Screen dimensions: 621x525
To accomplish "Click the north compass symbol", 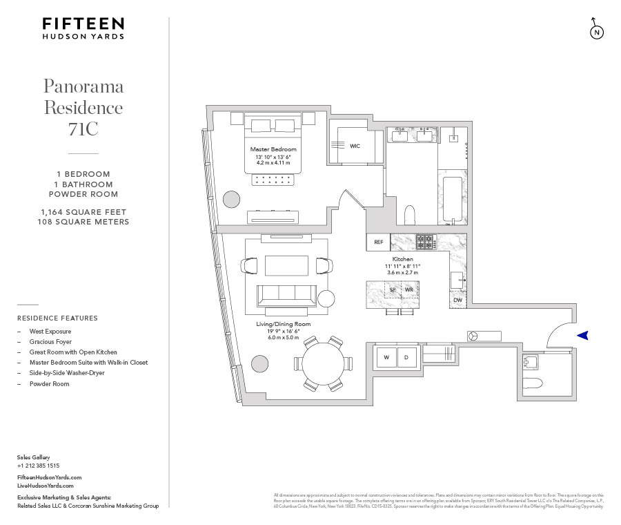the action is (x=596, y=32).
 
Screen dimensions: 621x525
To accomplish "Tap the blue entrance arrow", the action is (x=583, y=336).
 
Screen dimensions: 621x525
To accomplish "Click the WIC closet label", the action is (x=355, y=146).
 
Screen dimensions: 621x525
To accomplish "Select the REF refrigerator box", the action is (x=378, y=242).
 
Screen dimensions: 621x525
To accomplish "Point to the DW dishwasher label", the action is (x=457, y=300).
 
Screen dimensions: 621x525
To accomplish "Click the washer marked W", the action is (x=386, y=357).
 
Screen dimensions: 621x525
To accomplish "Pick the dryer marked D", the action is (x=406, y=357).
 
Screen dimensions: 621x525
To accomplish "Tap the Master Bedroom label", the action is (x=273, y=149).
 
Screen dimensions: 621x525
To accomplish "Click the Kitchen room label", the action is (x=402, y=259).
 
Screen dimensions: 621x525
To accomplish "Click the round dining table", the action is (x=322, y=363).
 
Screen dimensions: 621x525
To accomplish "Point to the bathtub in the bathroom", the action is (x=453, y=200).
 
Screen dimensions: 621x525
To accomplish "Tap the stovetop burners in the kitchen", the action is (x=424, y=242).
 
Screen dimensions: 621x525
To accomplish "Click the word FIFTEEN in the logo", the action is (x=83, y=24).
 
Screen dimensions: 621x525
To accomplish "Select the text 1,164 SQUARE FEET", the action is (x=83, y=212).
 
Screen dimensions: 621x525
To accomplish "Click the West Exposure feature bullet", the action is (x=50, y=332).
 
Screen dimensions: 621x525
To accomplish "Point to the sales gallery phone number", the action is (x=38, y=466).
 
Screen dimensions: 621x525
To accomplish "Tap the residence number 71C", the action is (x=83, y=128).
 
